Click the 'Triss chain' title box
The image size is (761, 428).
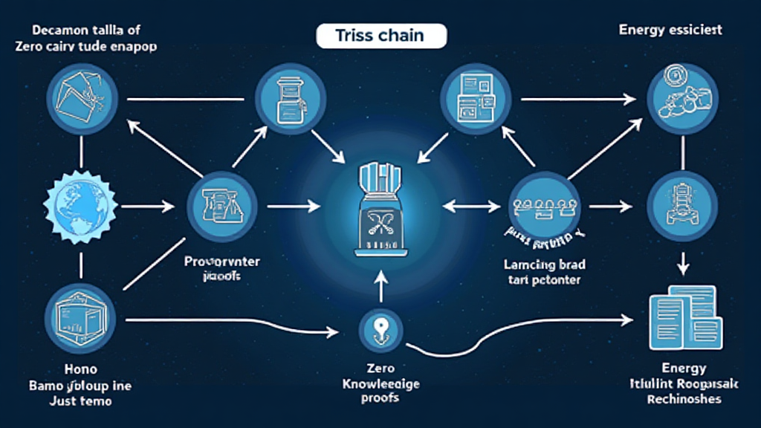381,36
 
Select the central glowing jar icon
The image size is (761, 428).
380,209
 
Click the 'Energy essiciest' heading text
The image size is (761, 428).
670,30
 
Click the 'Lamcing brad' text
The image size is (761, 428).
543,265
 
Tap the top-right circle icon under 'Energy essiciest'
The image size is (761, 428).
681,97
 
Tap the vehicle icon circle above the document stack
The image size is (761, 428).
682,199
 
